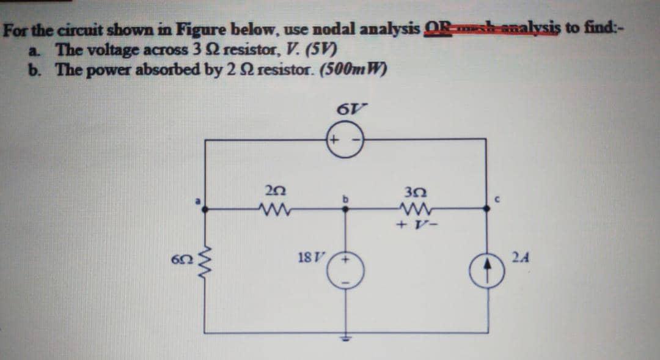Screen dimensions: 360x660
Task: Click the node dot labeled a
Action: pos(204,209)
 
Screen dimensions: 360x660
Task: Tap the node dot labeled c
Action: pos(486,209)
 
